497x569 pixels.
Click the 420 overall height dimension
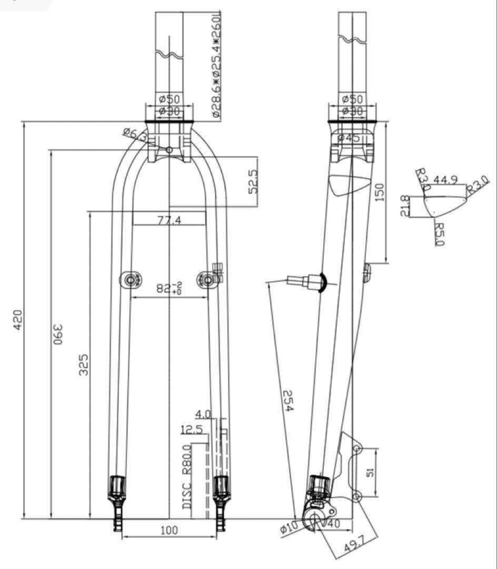[18, 319]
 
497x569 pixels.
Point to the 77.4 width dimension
[169, 220]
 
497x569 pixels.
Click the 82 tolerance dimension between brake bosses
[170, 289]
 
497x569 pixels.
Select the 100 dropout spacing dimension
[168, 530]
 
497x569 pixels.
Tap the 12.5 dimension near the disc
[192, 430]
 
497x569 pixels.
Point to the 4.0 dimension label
[203, 414]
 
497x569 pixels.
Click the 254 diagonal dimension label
[287, 401]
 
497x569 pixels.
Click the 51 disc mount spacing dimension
[371, 473]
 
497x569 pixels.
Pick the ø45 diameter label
[349, 138]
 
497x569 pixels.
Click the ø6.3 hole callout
[135, 134]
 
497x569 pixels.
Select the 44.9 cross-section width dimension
[445, 180]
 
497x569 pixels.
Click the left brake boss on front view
[131, 280]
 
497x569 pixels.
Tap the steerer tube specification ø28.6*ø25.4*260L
[216, 66]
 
